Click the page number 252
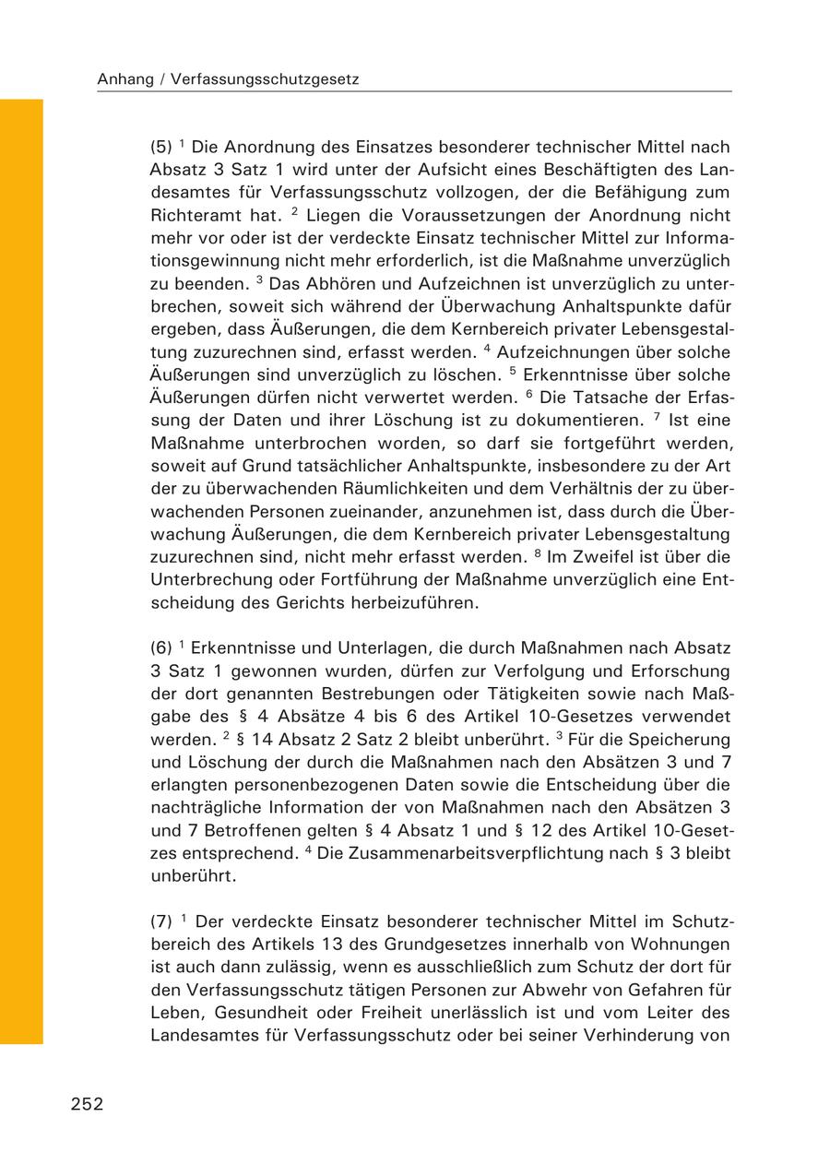click(x=87, y=1104)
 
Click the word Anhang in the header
click(x=125, y=80)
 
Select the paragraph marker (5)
click(x=160, y=148)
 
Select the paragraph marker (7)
click(x=160, y=921)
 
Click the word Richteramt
click(x=193, y=216)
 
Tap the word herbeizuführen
click(x=398, y=603)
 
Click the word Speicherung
click(x=680, y=740)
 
